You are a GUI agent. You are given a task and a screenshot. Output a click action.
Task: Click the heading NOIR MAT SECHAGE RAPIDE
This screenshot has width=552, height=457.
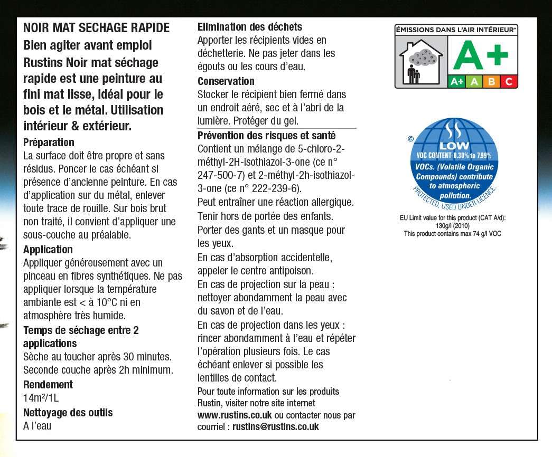click(x=97, y=28)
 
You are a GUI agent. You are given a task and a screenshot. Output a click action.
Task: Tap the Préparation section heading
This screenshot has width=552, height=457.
click(x=49, y=142)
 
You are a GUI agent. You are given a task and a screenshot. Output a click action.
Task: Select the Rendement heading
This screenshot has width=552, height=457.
click(x=48, y=385)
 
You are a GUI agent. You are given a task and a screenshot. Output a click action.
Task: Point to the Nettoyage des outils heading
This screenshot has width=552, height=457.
click(x=68, y=413)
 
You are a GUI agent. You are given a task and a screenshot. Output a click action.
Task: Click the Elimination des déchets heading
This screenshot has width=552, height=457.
click(x=250, y=27)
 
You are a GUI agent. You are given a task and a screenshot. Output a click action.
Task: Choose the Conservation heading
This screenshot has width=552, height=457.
click(x=226, y=81)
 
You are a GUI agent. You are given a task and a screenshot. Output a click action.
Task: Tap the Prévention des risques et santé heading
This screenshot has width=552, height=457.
click(x=266, y=135)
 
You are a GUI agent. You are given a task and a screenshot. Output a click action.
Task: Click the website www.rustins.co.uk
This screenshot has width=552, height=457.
click(x=235, y=415)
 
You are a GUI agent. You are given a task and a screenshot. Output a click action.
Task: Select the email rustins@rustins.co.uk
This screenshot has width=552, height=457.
click(x=276, y=427)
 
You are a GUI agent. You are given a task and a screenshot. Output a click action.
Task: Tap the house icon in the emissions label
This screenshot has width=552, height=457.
click(x=420, y=62)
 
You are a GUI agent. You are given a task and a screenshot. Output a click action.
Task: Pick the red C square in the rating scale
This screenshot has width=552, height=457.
click(x=509, y=82)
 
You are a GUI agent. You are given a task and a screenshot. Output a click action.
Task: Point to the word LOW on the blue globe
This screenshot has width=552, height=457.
click(x=454, y=146)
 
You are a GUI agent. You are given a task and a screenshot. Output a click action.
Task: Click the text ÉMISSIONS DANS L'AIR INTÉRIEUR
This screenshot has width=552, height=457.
click(x=456, y=30)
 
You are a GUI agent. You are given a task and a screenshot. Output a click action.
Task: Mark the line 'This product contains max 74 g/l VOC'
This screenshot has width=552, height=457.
click(x=452, y=234)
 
